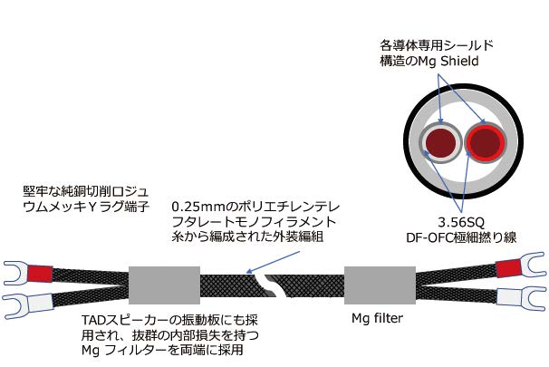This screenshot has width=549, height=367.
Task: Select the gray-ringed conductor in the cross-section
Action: (443, 143)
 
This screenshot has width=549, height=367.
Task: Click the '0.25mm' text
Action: (194, 205)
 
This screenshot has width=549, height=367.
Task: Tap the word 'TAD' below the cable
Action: (91, 318)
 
